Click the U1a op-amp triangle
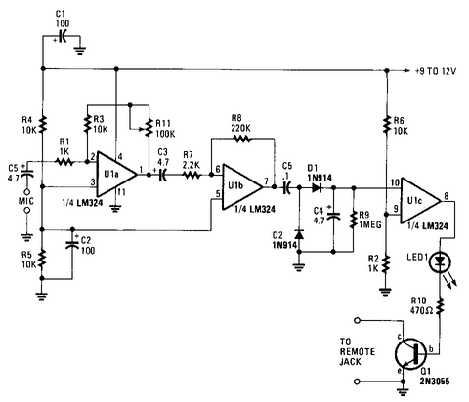pyautogui.click(x=116, y=174)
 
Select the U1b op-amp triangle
pyautogui.click(x=242, y=187)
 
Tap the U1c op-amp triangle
pyautogui.click(x=420, y=201)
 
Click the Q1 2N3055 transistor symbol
pyautogui.click(x=411, y=354)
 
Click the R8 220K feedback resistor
pyautogui.click(x=241, y=139)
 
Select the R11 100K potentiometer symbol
pyautogui.click(x=149, y=128)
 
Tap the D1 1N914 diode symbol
pyautogui.click(x=317, y=187)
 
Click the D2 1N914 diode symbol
pyautogui.click(x=299, y=234)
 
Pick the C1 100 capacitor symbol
pyautogui.click(x=63, y=36)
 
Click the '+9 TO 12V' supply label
pyautogui.click(x=436, y=71)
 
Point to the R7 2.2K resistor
pyautogui.click(x=192, y=175)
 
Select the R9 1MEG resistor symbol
pyautogui.click(x=354, y=220)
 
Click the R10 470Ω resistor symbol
pyautogui.click(x=441, y=306)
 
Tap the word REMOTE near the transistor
pyautogui.click(x=358, y=352)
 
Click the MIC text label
pyautogui.click(x=25, y=201)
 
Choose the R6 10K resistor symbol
pyautogui.click(x=387, y=125)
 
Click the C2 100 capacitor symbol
pyautogui.click(x=72, y=244)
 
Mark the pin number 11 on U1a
pyautogui.click(x=121, y=192)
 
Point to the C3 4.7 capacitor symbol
pyautogui.click(x=162, y=175)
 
